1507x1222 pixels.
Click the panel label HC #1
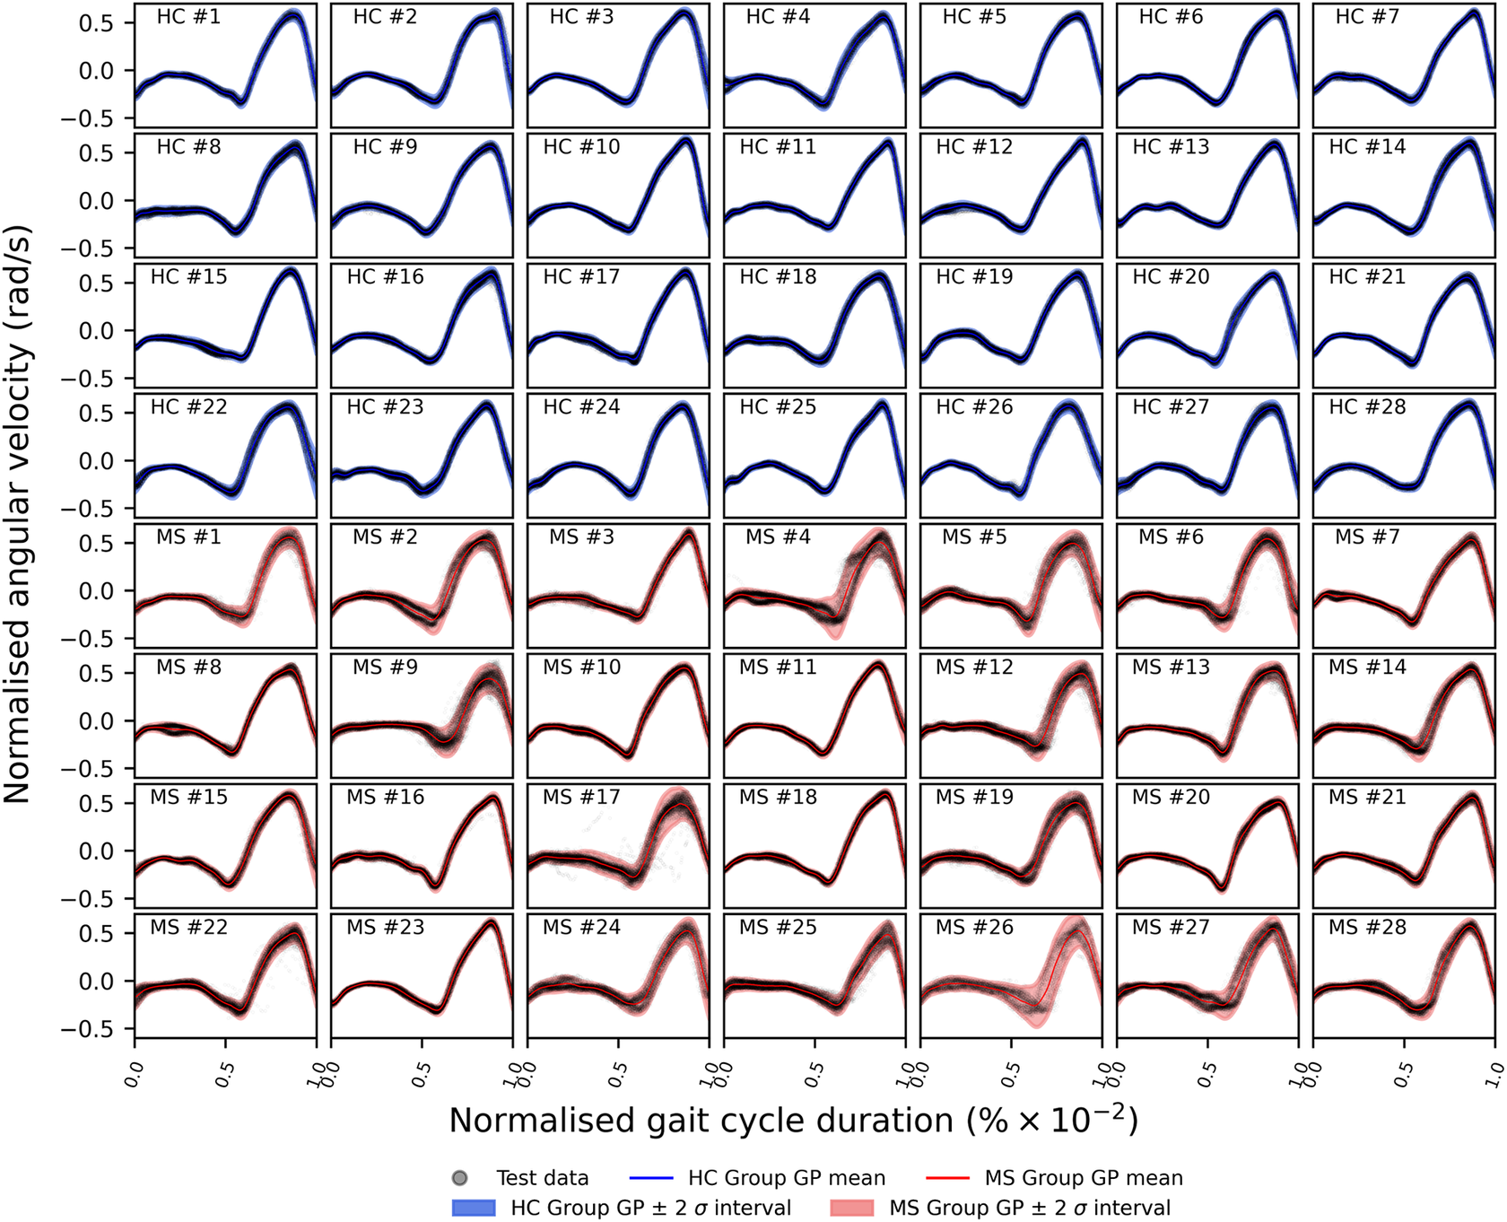[x=188, y=17]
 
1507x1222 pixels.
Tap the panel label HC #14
[x=1367, y=147]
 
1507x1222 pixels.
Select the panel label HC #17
[x=581, y=277]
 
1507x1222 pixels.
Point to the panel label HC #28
[x=1367, y=407]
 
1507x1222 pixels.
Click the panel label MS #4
[x=778, y=537]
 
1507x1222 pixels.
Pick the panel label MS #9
[x=385, y=668]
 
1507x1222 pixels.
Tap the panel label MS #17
[x=581, y=798]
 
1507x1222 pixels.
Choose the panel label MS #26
[x=974, y=928]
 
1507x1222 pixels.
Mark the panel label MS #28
[x=1367, y=928]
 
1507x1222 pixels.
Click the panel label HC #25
[x=778, y=407]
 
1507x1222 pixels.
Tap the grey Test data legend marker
[x=460, y=1178]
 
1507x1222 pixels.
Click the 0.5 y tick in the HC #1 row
[x=96, y=23]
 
